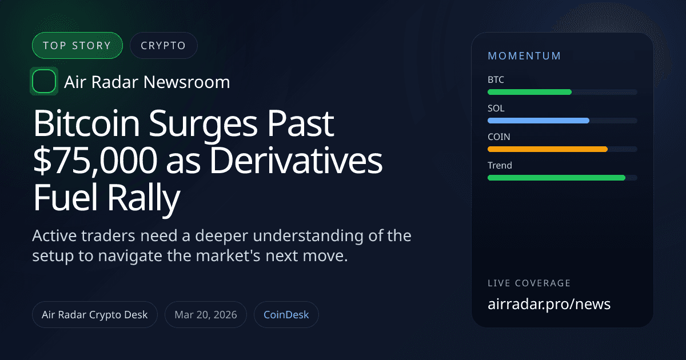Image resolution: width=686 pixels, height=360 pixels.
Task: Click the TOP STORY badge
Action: tap(77, 46)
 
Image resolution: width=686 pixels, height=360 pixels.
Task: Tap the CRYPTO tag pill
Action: tap(163, 46)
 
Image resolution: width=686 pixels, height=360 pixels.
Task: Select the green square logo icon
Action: tap(43, 82)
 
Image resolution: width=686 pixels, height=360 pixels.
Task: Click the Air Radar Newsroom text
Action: tap(147, 82)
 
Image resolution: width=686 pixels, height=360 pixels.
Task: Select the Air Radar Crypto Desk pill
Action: tap(94, 315)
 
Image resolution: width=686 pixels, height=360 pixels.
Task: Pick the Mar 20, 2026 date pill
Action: tap(205, 315)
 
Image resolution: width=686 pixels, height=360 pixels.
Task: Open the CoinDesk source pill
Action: tap(286, 315)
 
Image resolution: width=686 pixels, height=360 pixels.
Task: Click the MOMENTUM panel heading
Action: tap(524, 56)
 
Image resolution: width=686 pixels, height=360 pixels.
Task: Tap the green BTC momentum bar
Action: tap(529, 92)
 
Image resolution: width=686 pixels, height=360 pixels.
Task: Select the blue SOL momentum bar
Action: tap(538, 121)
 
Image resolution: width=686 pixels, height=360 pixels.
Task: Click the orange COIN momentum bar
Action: tap(547, 149)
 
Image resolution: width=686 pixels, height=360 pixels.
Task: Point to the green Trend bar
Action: tap(556, 178)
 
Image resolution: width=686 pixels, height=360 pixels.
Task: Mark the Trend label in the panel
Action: tap(500, 166)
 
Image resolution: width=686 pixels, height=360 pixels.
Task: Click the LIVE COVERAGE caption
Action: tap(529, 283)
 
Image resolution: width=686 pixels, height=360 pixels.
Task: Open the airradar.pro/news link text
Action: tap(549, 304)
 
